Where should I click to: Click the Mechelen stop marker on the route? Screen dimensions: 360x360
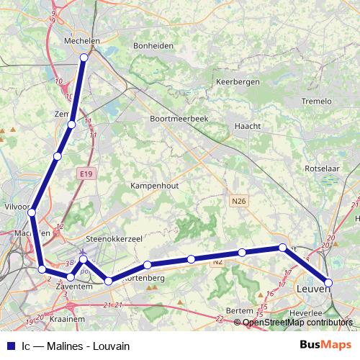tap(85, 58)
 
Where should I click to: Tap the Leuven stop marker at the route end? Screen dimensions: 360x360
tap(328, 283)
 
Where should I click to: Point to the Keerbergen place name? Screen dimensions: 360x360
tap(238, 82)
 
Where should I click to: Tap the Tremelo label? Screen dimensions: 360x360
tap(318, 100)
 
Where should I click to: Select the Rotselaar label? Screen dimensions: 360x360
tap(323, 169)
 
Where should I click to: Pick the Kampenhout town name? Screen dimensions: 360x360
tap(154, 185)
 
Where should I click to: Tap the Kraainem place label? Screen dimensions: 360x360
tap(69, 318)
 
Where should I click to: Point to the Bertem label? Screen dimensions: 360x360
tap(240, 310)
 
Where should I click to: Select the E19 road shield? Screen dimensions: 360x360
tap(87, 174)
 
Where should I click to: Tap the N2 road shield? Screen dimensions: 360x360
tap(217, 263)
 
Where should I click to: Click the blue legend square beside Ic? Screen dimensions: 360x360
tap(10, 345)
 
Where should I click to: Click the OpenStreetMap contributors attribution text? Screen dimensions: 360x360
tap(297, 323)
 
